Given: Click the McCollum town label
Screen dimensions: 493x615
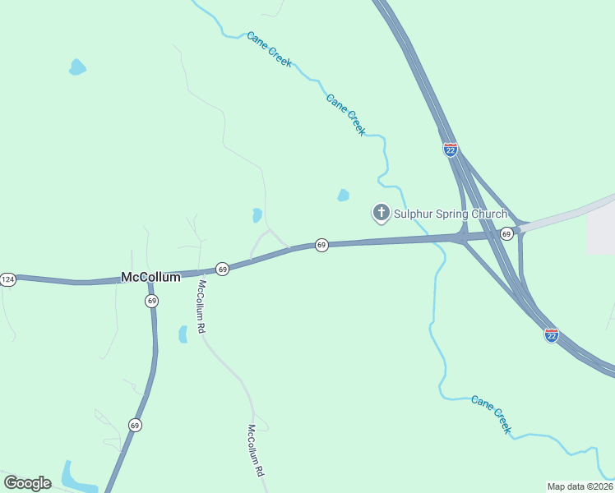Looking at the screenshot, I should click(150, 278).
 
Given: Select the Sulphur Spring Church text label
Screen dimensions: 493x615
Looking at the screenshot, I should click(450, 214).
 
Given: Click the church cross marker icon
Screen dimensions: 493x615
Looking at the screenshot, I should click(381, 214).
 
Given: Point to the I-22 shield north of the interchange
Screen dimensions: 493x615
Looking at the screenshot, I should click(450, 150).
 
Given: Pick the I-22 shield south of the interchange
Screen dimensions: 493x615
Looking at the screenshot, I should click(551, 335).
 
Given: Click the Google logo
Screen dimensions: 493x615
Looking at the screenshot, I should click(27, 482).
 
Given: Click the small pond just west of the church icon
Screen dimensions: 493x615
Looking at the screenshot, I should click(343, 196).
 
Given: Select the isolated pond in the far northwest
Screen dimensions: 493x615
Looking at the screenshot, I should click(76, 67).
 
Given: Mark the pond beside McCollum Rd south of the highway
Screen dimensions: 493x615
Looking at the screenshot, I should click(183, 334).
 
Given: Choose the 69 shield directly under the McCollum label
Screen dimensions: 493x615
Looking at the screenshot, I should click(152, 302).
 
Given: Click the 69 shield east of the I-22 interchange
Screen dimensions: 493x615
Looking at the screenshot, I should click(506, 234).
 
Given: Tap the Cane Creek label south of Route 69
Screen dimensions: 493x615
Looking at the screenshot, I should click(492, 414).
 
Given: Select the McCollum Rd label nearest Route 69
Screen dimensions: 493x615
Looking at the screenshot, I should click(201, 306).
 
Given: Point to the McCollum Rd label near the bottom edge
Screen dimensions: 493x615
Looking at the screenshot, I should click(257, 451).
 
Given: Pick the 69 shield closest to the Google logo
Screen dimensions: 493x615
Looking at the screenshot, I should click(135, 425).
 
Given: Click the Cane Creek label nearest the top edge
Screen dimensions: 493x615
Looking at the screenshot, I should click(269, 49).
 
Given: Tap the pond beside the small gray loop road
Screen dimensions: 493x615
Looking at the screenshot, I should click(257, 215).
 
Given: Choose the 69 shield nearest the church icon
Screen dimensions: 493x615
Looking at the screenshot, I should click(321, 245).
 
